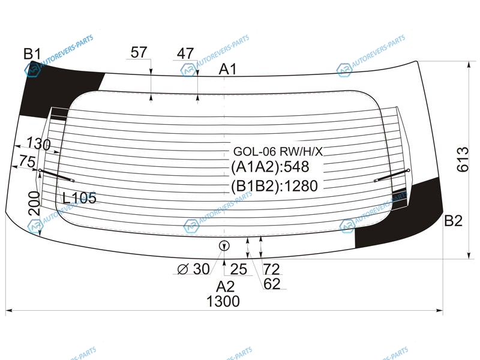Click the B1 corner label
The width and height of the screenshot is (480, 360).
pos(32,54)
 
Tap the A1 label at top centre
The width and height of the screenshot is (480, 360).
pos(228,70)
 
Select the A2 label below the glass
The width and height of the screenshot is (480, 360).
pos(225,287)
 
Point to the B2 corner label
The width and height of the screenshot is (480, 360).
pos(453,221)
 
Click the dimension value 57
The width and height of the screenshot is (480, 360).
pos(139,52)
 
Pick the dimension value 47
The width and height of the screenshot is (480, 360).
pos(185,53)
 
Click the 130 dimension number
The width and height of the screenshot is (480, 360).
pos(38,143)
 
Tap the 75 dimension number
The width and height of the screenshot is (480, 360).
pos(27,161)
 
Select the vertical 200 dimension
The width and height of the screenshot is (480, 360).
pos(34,203)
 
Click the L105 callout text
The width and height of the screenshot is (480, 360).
pos(80,198)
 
